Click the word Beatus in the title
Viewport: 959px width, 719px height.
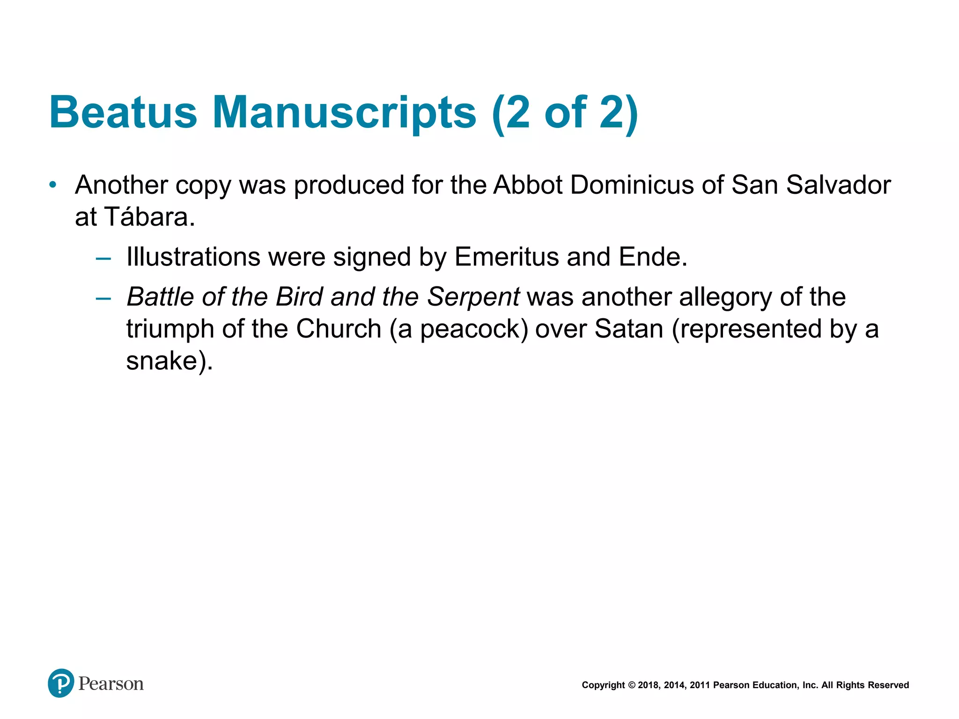click(123, 112)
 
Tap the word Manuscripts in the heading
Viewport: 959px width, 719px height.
click(344, 112)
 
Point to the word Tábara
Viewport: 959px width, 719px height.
click(149, 217)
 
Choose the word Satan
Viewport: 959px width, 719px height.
click(629, 329)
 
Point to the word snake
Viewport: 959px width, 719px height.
click(162, 361)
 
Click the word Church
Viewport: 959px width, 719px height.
click(339, 329)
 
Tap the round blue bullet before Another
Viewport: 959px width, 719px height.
click(53, 185)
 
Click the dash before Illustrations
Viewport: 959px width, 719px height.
click(103, 258)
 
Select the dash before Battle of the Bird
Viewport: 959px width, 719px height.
click(103, 298)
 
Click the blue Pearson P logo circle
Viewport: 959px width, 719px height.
click(61, 683)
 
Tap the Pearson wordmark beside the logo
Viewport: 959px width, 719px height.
click(111, 684)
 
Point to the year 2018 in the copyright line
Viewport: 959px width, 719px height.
click(648, 685)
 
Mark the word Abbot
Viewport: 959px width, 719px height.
click(528, 185)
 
